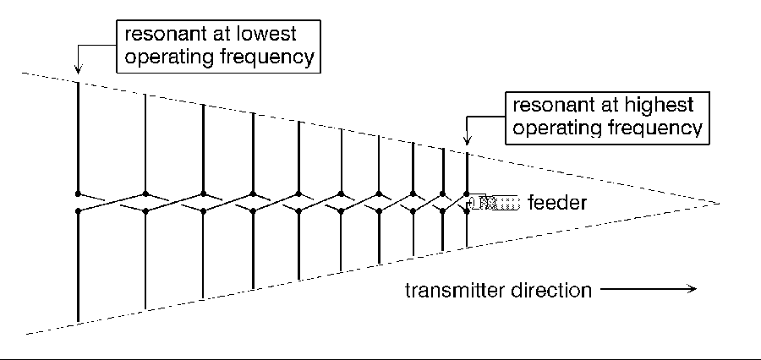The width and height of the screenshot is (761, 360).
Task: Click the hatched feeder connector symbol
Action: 494,203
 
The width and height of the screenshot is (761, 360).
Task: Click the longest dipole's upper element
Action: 79,135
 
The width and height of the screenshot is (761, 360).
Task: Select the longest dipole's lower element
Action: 79,266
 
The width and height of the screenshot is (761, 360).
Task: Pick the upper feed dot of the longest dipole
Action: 79,194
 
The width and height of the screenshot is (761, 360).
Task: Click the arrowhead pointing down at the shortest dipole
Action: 467,142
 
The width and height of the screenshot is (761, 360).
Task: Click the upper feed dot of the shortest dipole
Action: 467,194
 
